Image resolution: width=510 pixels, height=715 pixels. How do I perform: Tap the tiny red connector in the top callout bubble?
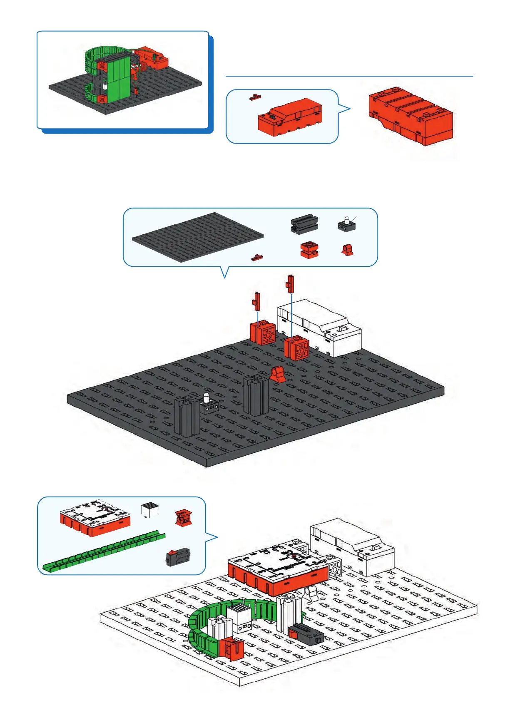(x=255, y=97)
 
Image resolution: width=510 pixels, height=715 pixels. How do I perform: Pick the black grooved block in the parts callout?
(x=304, y=224)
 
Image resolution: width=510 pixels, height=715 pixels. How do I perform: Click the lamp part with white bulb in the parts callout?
(x=346, y=224)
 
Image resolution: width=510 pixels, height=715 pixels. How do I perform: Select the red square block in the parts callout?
(x=309, y=250)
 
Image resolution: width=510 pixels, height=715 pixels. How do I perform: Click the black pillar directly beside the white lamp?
(x=188, y=416)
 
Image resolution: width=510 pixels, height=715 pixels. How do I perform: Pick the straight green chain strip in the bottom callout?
(x=104, y=551)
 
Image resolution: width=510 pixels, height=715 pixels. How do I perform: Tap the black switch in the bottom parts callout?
(x=178, y=557)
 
